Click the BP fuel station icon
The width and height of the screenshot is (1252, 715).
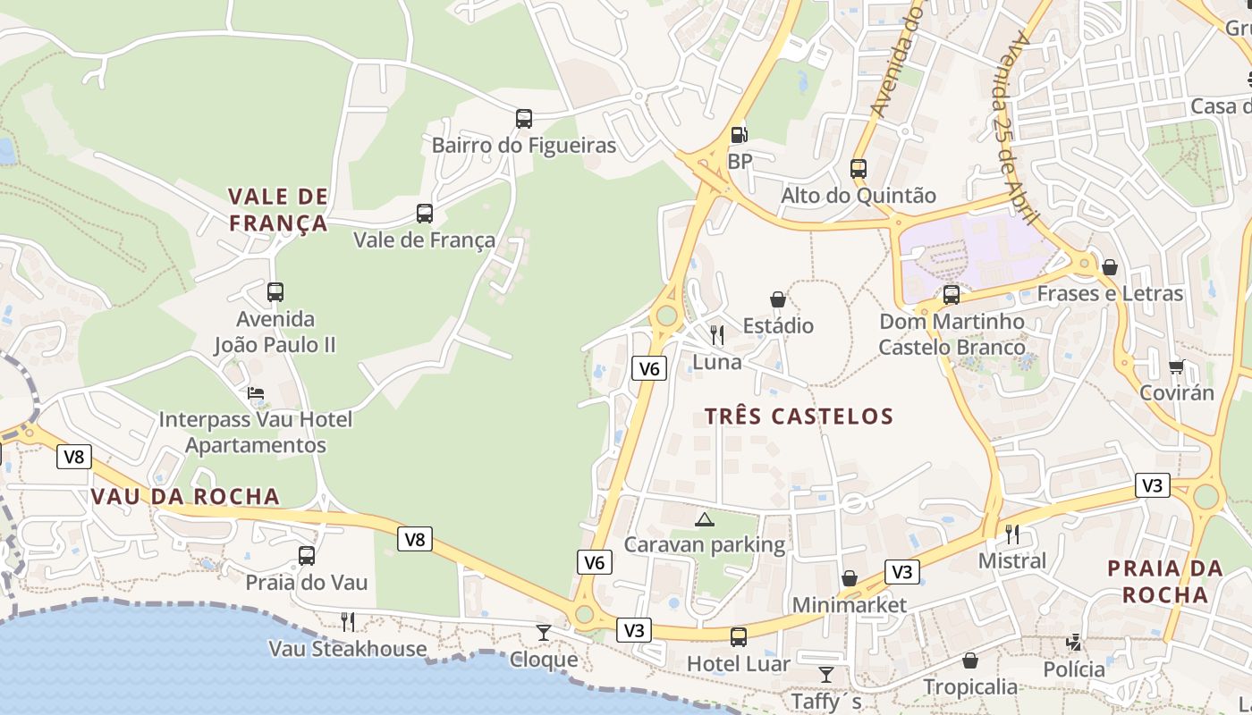[740, 135]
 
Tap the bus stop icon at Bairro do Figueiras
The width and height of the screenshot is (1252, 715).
[524, 118]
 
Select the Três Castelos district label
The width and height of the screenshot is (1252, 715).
[799, 416]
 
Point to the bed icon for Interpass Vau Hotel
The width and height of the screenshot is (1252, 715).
[256, 393]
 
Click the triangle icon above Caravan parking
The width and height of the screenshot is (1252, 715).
[705, 519]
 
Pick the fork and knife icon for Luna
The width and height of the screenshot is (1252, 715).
[717, 335]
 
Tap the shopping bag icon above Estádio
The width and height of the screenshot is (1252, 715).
[778, 299]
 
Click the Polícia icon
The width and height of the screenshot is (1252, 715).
[1074, 643]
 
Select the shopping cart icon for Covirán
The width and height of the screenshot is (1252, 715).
[1177, 366]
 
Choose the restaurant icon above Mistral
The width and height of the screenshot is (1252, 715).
[1012, 534]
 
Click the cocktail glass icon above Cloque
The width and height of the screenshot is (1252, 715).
[544, 633]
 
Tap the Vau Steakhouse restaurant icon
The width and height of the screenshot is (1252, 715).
[348, 621]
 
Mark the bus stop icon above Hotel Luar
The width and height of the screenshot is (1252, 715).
[739, 637]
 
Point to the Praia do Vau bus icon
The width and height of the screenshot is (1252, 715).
[307, 556]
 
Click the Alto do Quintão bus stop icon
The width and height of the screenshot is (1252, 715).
[859, 168]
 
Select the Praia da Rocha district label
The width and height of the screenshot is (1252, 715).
[1164, 581]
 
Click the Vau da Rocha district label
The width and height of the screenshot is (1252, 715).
[185, 497]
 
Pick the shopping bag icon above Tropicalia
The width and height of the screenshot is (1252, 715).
[970, 660]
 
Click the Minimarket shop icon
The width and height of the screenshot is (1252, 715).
[850, 579]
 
